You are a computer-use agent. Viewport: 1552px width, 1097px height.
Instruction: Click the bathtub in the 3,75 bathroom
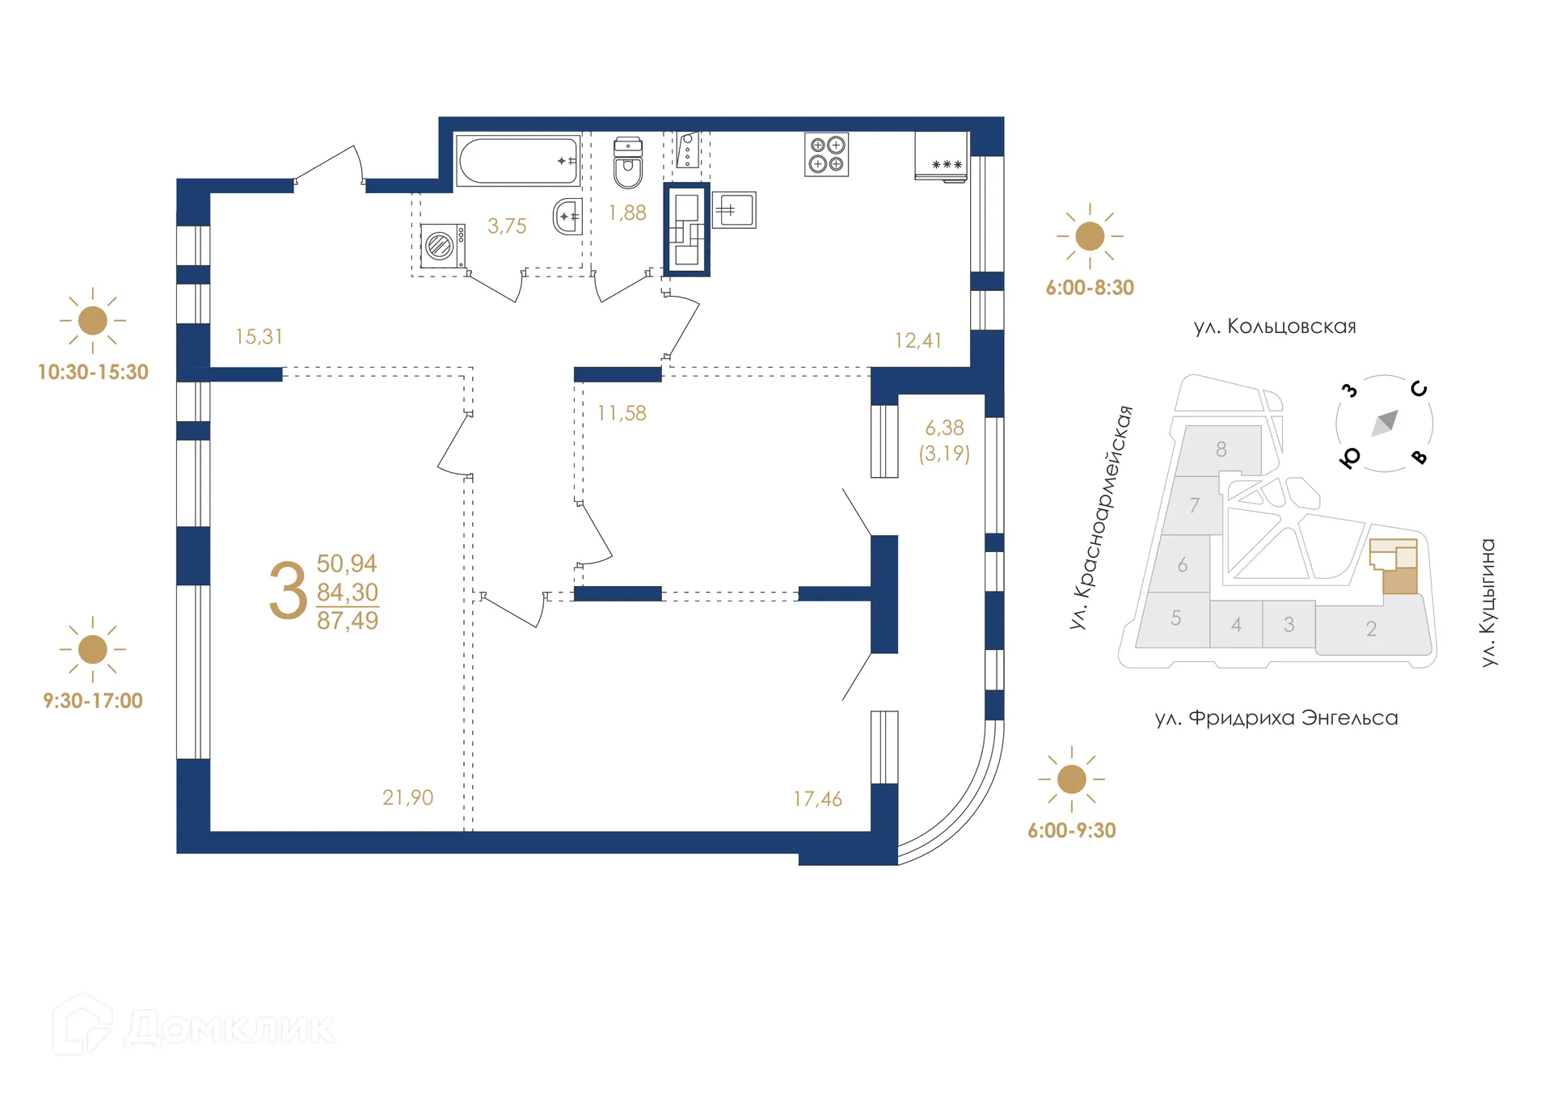point(517,161)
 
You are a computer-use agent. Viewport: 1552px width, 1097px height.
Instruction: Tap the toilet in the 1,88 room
point(628,164)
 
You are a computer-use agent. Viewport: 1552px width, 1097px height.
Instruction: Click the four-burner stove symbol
point(826,154)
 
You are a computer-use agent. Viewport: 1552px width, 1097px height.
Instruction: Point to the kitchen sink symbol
point(734,210)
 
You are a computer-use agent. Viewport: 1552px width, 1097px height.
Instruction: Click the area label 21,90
point(407,798)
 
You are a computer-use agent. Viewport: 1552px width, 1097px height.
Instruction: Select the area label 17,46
point(817,800)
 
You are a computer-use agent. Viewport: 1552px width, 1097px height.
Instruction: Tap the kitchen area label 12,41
point(917,340)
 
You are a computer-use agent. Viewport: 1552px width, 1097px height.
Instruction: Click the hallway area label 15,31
point(259,336)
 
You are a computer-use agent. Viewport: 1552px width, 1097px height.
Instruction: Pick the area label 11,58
point(622,413)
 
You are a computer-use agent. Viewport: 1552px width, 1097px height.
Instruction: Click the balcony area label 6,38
point(944,428)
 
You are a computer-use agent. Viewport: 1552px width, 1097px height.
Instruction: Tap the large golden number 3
point(288,592)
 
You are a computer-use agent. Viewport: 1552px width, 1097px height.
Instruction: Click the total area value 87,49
point(348,621)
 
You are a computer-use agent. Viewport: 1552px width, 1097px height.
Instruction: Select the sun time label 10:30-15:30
point(93,372)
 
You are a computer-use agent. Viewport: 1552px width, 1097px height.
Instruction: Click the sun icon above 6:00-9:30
point(1071,779)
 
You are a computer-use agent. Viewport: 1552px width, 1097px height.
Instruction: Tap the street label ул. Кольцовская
point(1275,327)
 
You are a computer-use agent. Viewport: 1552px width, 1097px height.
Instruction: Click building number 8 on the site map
point(1221,449)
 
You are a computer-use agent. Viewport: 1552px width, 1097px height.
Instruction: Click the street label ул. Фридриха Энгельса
point(1276,718)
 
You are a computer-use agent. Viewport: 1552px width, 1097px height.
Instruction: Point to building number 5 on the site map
point(1175,618)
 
